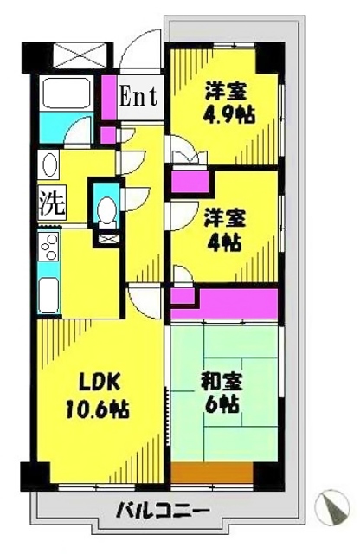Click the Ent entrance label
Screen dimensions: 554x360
pyautogui.click(x=138, y=95)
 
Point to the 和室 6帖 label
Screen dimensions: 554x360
pyautogui.click(x=222, y=392)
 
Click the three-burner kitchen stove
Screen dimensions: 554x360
pyautogui.click(x=49, y=248)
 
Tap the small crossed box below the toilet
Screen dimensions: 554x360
pyautogui.click(x=107, y=238)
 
